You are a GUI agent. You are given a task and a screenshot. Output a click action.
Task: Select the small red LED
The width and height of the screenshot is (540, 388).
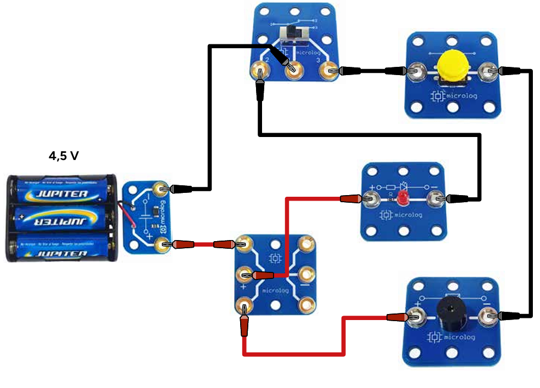point(403,197)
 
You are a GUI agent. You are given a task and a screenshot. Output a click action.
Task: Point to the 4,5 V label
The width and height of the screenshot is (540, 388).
point(64,156)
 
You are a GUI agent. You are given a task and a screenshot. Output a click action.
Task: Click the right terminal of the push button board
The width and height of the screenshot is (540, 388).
point(486,71)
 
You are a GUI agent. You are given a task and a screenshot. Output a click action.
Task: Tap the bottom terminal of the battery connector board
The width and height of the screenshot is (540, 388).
point(161,244)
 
